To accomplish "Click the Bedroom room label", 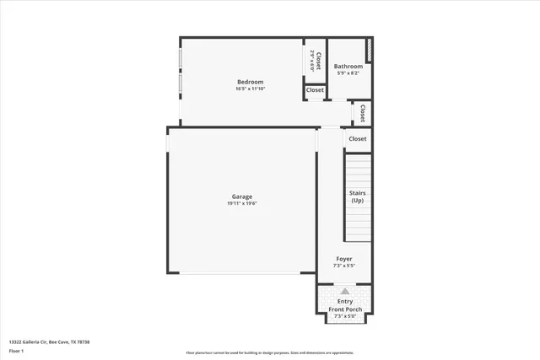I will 250,82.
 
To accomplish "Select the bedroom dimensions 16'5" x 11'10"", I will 250,89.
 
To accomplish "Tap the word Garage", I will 242,196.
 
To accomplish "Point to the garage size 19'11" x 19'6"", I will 242,203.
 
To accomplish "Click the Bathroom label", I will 348,67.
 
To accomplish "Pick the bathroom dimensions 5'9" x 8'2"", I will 348,73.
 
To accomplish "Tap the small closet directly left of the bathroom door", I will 315,90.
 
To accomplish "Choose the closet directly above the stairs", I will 358,139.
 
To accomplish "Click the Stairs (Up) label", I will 358,197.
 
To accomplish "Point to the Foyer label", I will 344,259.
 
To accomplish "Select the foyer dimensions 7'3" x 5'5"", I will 344,266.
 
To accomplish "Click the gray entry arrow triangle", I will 344,291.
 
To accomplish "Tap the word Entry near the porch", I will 345,301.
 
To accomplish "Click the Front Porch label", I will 345,309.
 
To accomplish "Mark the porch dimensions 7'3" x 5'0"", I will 345,316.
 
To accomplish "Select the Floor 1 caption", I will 16,350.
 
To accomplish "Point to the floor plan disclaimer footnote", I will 270,352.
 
